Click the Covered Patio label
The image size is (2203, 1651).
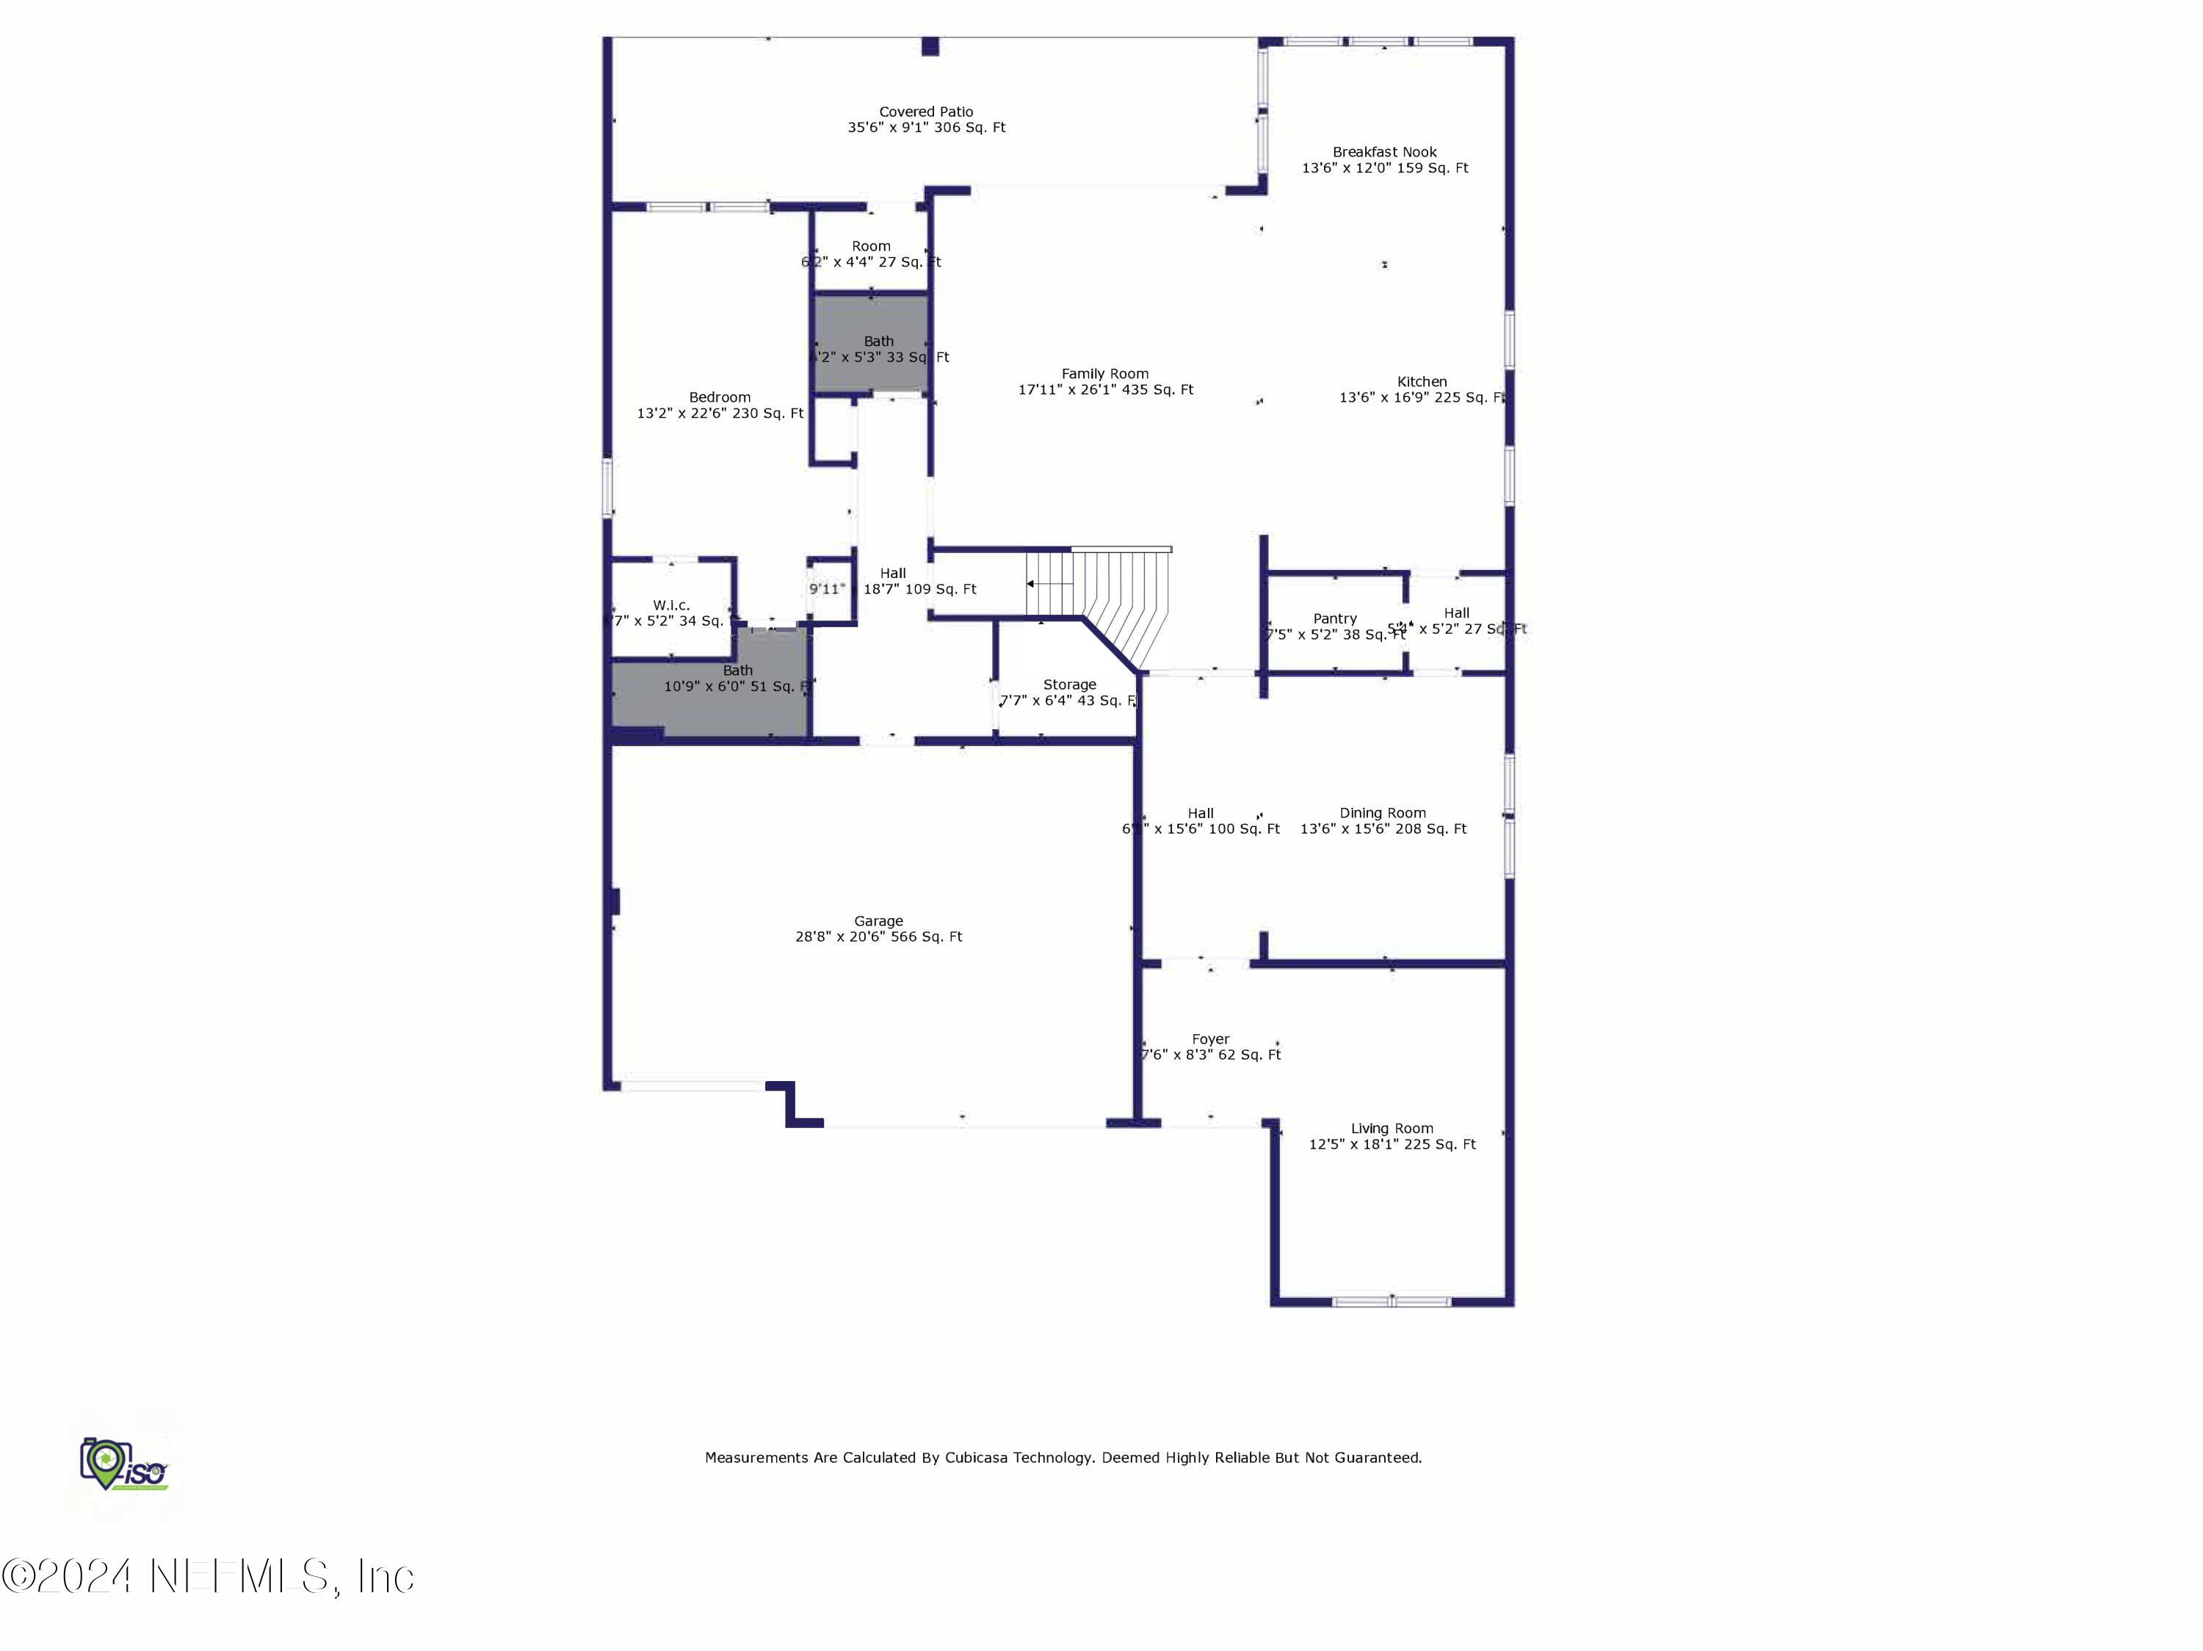[925, 112]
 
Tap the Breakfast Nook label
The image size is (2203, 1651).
[1384, 152]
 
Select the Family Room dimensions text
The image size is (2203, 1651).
[1104, 390]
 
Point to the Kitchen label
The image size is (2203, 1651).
[1421, 381]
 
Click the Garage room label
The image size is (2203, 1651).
[878, 921]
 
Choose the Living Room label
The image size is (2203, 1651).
[1392, 1128]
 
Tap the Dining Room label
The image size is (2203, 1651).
[1382, 812]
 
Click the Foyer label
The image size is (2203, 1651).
[1210, 1038]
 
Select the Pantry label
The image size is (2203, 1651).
[1334, 618]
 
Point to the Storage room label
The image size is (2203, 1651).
[1068, 684]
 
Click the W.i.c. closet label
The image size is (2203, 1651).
[670, 604]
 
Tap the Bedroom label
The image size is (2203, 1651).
[719, 397]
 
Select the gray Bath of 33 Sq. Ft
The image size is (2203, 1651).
[872, 344]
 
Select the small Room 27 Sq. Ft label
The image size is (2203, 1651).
[870, 246]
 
